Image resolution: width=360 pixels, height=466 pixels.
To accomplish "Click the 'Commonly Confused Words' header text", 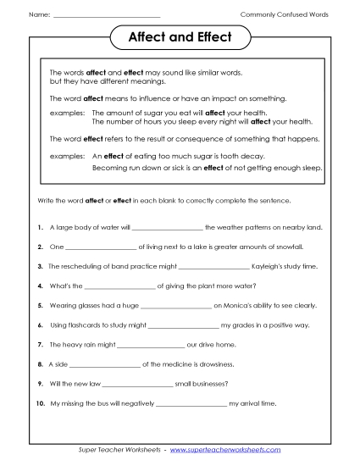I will pyautogui.click(x=285, y=15).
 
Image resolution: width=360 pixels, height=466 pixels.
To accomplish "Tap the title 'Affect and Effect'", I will pyautogui.click(x=179, y=39).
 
